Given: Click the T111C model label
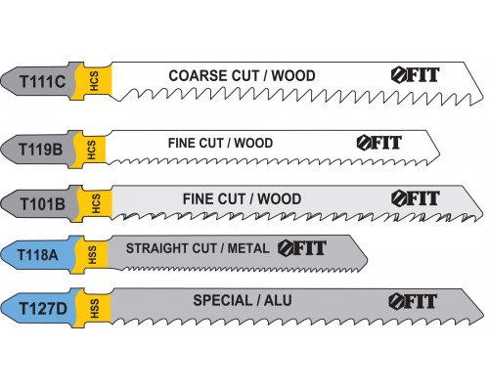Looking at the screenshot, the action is point(43,81).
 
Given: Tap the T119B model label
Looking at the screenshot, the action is point(40,150).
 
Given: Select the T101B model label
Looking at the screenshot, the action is point(43,204).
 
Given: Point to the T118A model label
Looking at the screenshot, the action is point(37,255).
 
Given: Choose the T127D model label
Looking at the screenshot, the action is point(43,309).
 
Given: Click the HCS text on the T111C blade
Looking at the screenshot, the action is point(94,81).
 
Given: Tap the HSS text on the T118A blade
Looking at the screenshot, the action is point(92,255).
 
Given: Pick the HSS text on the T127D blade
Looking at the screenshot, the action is point(94,308).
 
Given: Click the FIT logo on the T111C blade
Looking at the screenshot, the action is point(416,75).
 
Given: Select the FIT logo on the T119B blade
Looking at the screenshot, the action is point(379,143).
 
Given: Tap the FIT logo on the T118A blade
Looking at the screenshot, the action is point(302,248).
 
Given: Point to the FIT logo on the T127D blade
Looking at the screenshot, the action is point(413,301).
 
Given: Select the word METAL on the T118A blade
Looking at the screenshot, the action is point(248,248).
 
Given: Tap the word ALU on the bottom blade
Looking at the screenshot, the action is point(278,300).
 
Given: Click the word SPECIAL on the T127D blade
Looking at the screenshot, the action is point(223,300).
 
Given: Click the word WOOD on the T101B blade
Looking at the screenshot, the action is point(280,199).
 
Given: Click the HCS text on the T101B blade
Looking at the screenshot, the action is point(96,203).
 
